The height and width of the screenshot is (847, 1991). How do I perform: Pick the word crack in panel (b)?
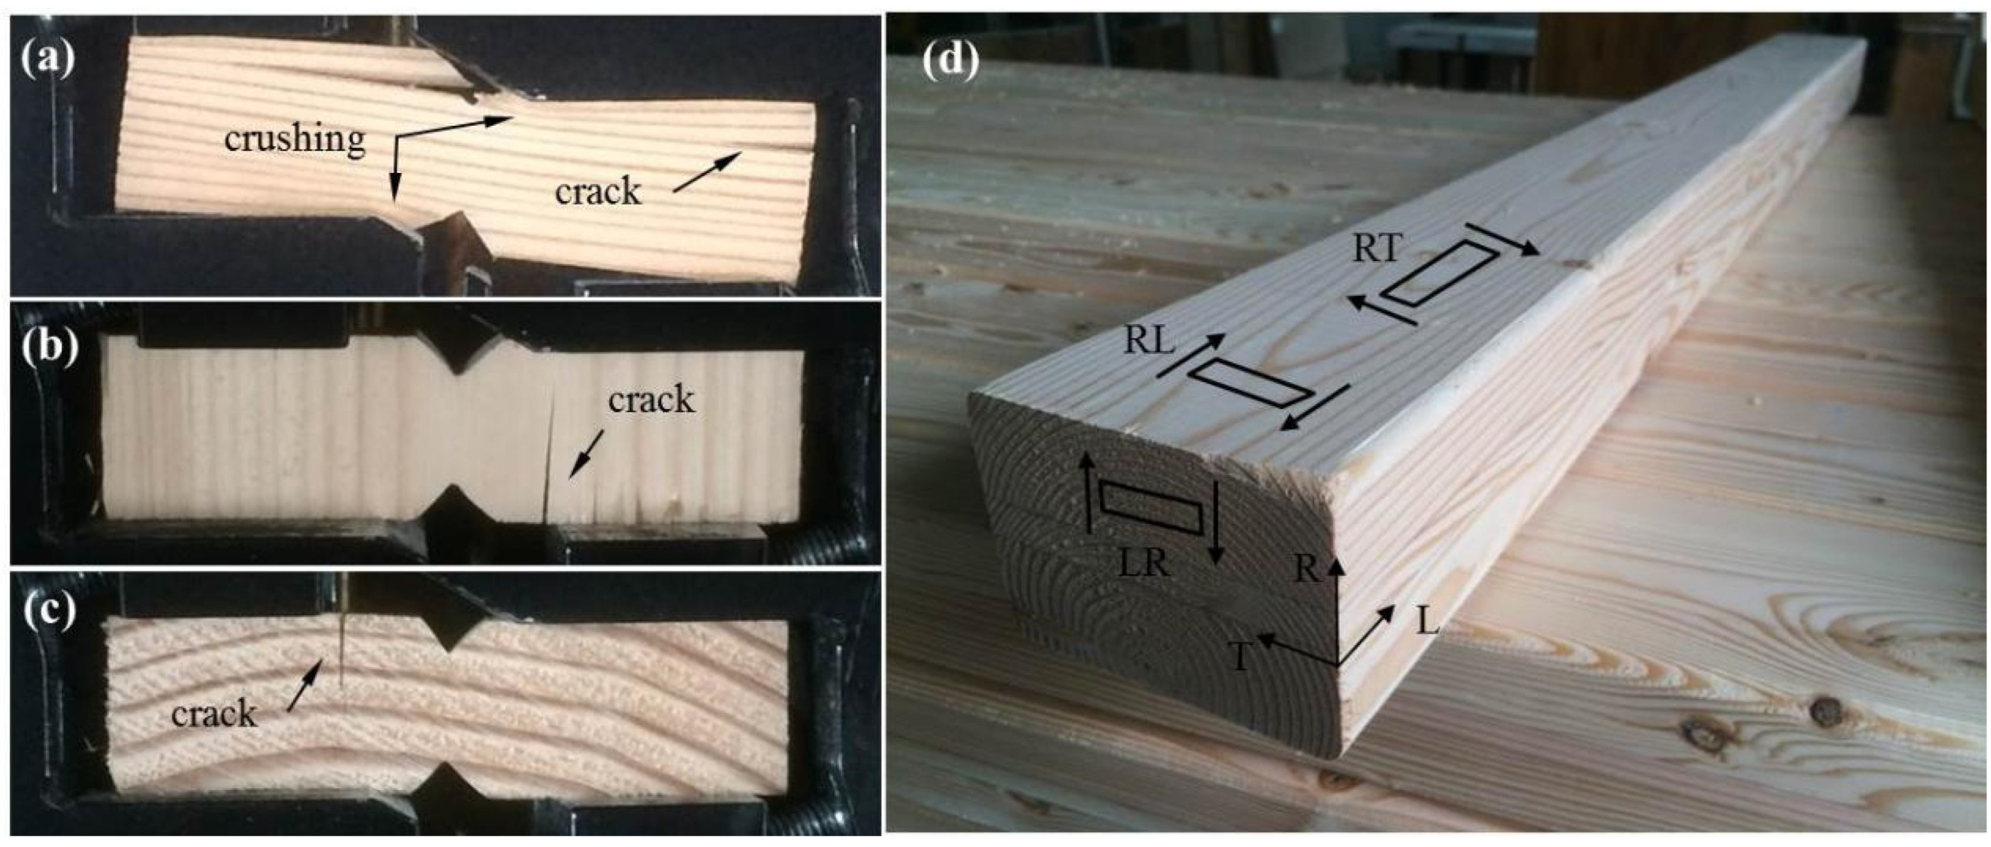tap(651, 399)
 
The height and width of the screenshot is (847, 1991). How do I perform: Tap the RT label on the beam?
tap(1377, 249)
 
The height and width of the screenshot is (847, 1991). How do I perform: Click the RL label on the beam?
tap(1149, 341)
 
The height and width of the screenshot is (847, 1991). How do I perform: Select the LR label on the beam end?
tap(1145, 565)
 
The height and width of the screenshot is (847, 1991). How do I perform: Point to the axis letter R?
tap(1305, 569)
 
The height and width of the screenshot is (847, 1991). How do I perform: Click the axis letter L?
tap(1427, 621)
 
